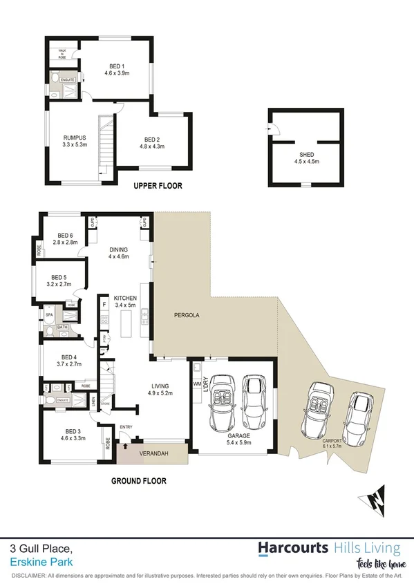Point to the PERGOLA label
point(187,315)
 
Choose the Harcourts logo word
point(293,549)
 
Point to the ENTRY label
point(126,427)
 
